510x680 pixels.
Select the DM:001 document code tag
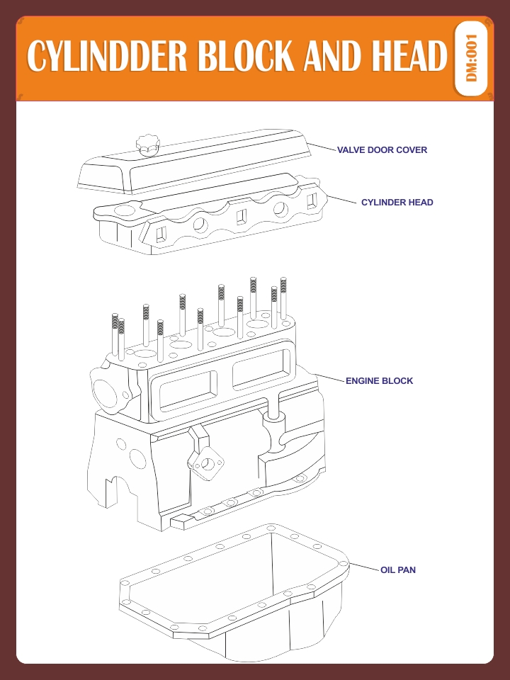pyautogui.click(x=472, y=58)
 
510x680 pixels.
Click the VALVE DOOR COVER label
pyautogui.click(x=382, y=150)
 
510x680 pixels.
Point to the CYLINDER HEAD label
pyautogui.click(x=397, y=203)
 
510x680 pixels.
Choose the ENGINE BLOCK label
pyautogui.click(x=379, y=381)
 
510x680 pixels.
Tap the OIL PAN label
pyautogui.click(x=398, y=569)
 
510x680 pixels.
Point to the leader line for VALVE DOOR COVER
pyautogui.click(x=322, y=147)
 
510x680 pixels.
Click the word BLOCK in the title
pyautogui.click(x=246, y=56)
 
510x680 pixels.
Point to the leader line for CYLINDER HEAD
pyautogui.click(x=344, y=200)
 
